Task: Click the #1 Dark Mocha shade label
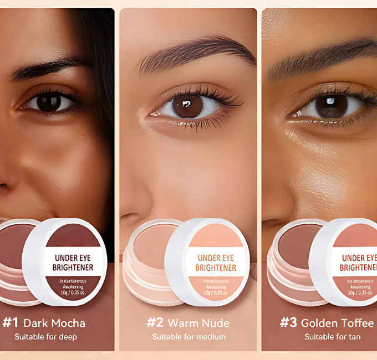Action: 44,323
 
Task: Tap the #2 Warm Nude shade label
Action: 188,323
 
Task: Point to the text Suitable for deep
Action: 45,337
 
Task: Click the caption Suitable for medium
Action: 188,337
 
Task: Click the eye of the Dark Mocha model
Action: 49,102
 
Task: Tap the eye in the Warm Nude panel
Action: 188,105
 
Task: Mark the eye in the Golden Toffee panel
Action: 332,106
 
